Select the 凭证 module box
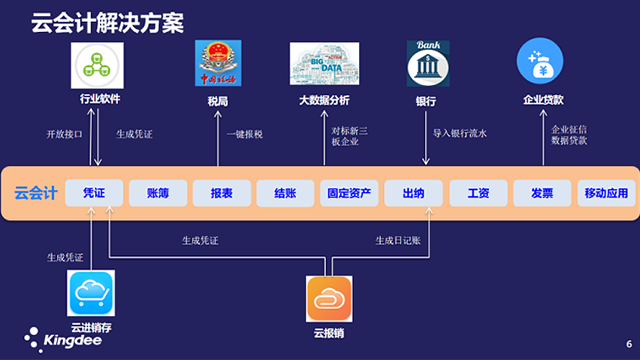pyautogui.click(x=94, y=193)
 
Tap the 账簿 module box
pyautogui.click(x=158, y=193)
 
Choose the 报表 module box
pyautogui.click(x=221, y=193)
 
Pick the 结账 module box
pyautogui.click(x=285, y=193)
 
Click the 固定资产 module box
pyautogui.click(x=349, y=193)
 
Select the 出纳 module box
pyautogui.click(x=413, y=193)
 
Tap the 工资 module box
pyautogui.click(x=477, y=193)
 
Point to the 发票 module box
pyautogui.click(x=541, y=193)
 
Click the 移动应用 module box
pyautogui.click(x=606, y=193)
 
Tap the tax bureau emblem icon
pyautogui.click(x=219, y=65)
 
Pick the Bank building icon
pyautogui.click(x=426, y=64)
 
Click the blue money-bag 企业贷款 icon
pyautogui.click(x=543, y=64)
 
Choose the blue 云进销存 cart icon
pyautogui.click(x=92, y=294)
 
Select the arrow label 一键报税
pyautogui.click(x=244, y=133)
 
